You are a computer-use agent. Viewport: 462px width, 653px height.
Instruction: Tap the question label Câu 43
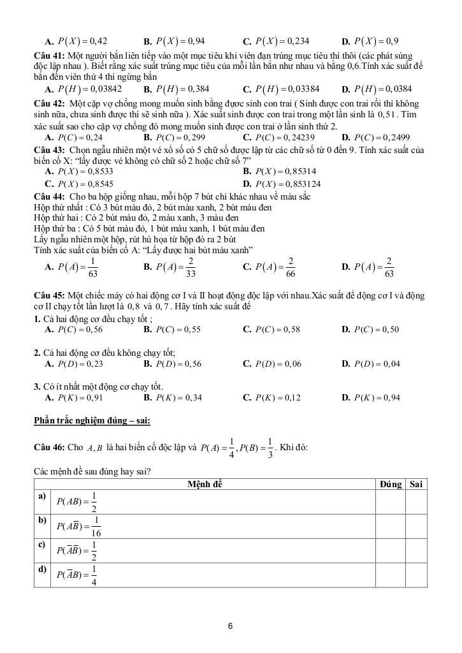click(x=48, y=149)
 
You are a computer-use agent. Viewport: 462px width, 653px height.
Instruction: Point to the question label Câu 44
click(x=48, y=196)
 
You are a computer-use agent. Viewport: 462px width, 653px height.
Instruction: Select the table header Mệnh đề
click(x=205, y=485)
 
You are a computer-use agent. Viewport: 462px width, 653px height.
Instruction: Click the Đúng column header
click(x=390, y=485)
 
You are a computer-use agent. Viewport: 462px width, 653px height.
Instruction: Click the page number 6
click(x=230, y=626)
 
